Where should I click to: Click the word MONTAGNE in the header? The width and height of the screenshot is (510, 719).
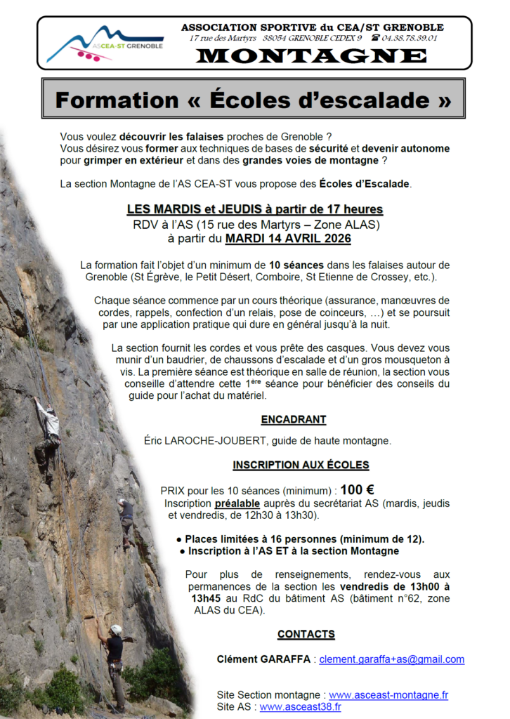[x=311, y=56]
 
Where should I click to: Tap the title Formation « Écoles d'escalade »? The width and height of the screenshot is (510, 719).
[x=253, y=100]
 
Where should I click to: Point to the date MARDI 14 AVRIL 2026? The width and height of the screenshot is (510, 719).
[x=288, y=239]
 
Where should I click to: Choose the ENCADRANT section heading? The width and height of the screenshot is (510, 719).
[x=294, y=420]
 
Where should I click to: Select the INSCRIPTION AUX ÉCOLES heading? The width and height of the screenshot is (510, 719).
[x=301, y=465]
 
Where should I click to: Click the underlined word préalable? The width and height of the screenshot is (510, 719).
[x=237, y=503]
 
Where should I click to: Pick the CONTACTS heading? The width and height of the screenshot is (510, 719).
[x=306, y=634]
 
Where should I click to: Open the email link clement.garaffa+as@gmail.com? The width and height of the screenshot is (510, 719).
[x=392, y=659]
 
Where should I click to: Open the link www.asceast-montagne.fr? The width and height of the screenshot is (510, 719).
[x=388, y=694]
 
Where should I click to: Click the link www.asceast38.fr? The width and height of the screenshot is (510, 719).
[x=300, y=706]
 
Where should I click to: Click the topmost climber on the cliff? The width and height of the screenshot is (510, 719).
[x=48, y=430]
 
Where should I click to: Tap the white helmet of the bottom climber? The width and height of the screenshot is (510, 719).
[x=116, y=629]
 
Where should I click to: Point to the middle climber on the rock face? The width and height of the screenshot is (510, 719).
[x=126, y=520]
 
